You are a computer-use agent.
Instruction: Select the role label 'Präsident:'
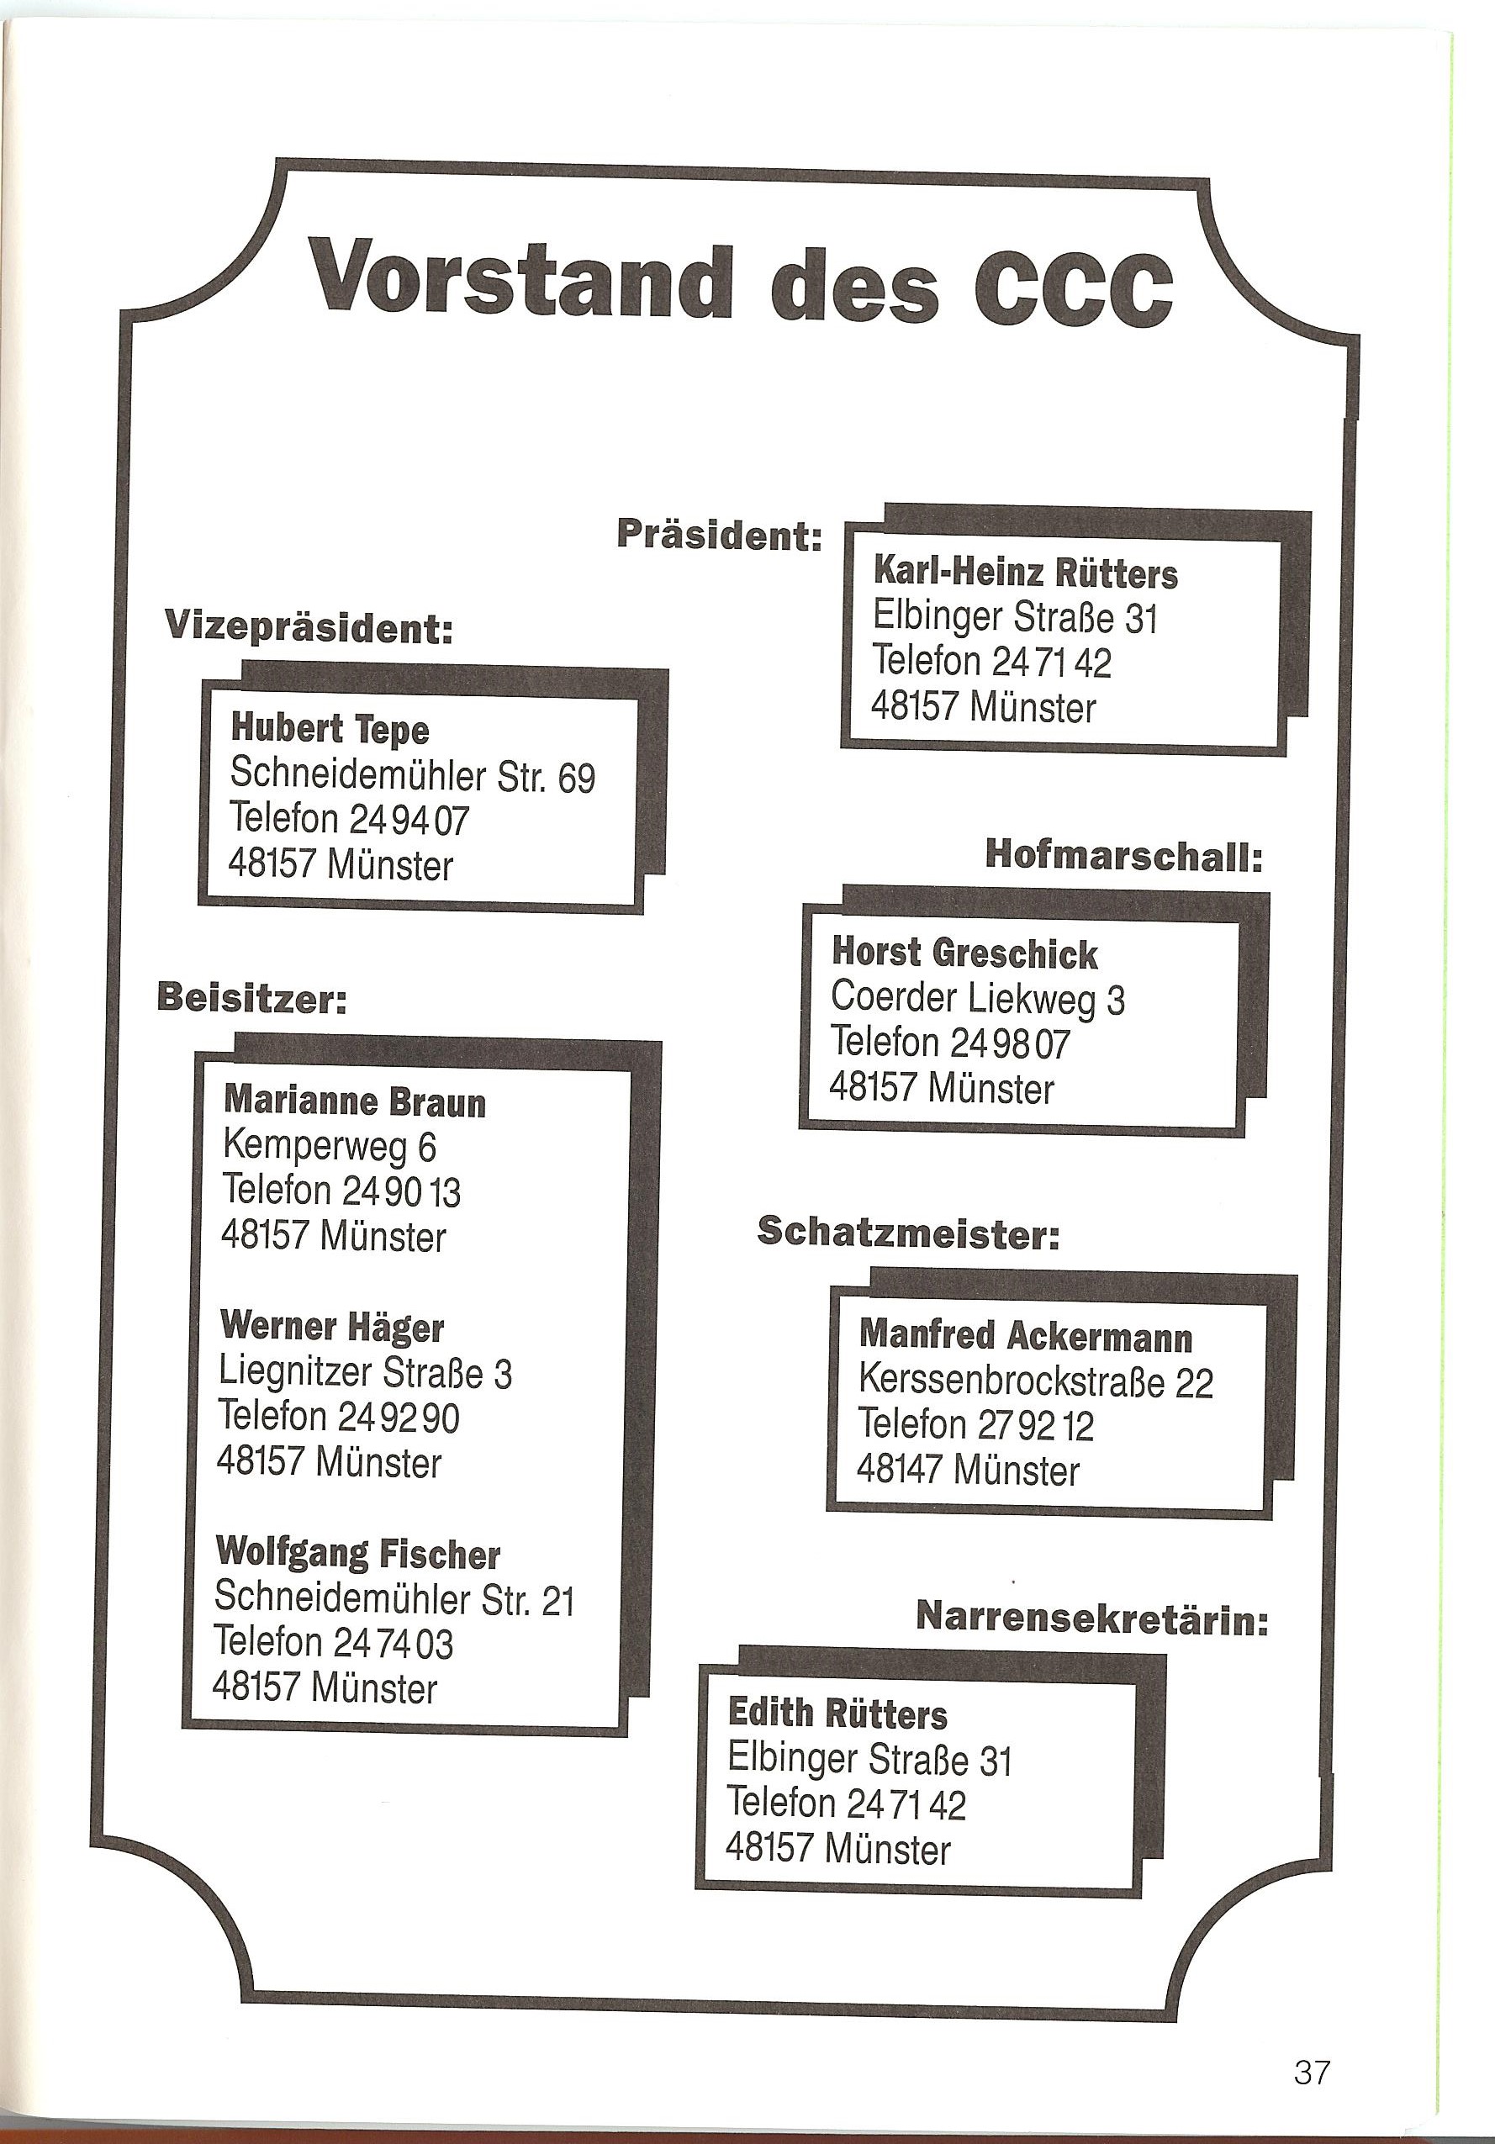(719, 535)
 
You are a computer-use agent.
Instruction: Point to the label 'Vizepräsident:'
(308, 626)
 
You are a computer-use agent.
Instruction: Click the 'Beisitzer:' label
(252, 998)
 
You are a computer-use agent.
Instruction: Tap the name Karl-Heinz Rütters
(1024, 573)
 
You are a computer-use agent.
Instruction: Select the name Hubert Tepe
(330, 729)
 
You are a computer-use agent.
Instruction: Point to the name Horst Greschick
(964, 953)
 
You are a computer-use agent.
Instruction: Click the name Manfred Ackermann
(1025, 1336)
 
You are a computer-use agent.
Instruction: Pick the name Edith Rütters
(837, 1714)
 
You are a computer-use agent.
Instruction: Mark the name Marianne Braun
(355, 1102)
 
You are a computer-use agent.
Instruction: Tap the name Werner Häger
(331, 1326)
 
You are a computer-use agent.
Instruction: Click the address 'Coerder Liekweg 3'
(978, 999)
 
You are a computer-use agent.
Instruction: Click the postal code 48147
(902, 1471)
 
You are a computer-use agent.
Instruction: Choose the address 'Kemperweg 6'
(330, 1147)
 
